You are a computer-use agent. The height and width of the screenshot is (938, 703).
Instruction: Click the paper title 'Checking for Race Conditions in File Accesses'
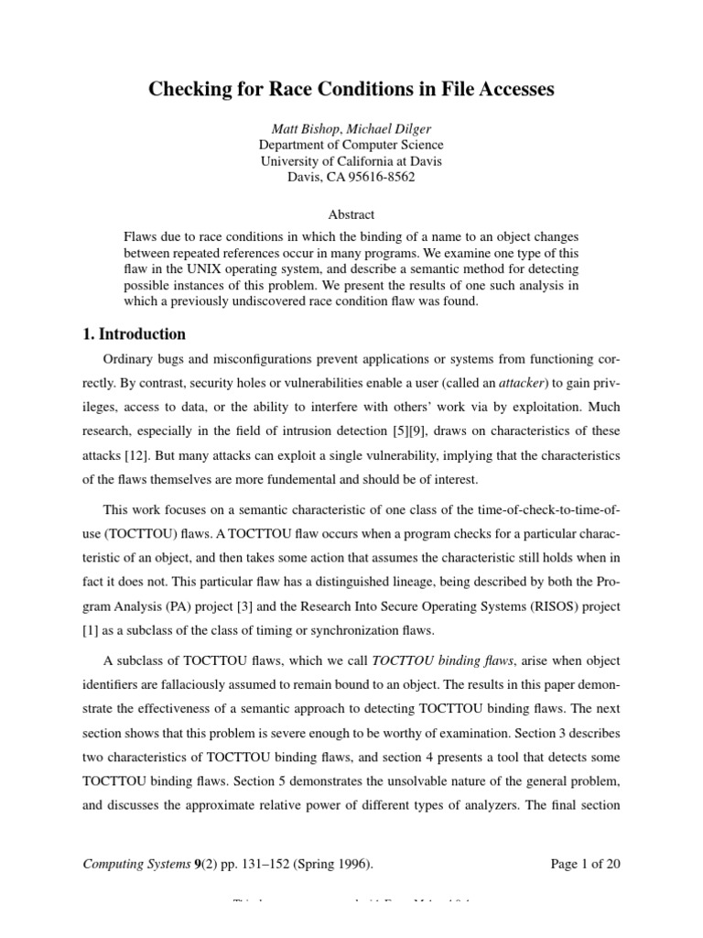pyautogui.click(x=351, y=90)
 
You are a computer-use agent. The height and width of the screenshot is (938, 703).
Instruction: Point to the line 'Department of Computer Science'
pyautogui.click(x=351, y=145)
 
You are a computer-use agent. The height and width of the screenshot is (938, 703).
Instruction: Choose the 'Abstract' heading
pyautogui.click(x=351, y=214)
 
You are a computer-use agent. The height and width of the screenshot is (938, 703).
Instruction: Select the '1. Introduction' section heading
pyautogui.click(x=135, y=334)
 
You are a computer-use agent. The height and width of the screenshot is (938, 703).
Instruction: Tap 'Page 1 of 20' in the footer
pyautogui.click(x=587, y=863)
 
